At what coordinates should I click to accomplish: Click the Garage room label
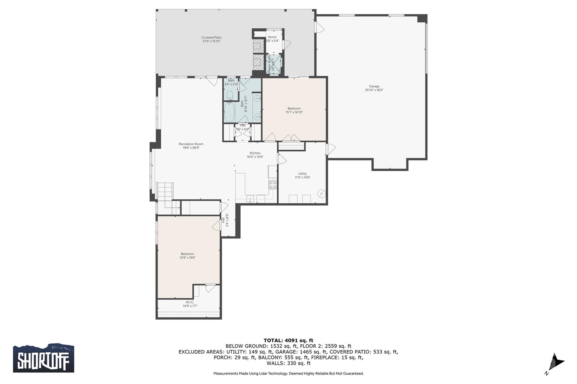click(374, 86)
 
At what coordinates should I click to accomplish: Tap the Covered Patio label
click(211, 37)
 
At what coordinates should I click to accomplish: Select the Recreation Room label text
click(191, 144)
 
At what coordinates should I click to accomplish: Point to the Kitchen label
click(255, 153)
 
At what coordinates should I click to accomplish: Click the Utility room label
click(302, 174)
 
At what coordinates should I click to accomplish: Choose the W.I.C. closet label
click(190, 302)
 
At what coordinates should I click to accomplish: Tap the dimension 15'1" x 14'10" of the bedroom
click(294, 112)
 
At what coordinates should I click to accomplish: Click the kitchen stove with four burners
click(273, 185)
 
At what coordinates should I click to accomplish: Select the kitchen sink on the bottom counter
click(250, 199)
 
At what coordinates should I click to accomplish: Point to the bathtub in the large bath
click(229, 112)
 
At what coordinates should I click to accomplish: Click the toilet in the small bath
click(229, 95)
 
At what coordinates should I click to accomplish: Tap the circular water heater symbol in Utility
click(321, 194)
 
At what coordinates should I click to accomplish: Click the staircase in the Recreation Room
click(165, 194)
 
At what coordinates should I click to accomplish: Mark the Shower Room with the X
click(274, 64)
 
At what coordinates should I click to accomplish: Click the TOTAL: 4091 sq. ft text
click(288, 340)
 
